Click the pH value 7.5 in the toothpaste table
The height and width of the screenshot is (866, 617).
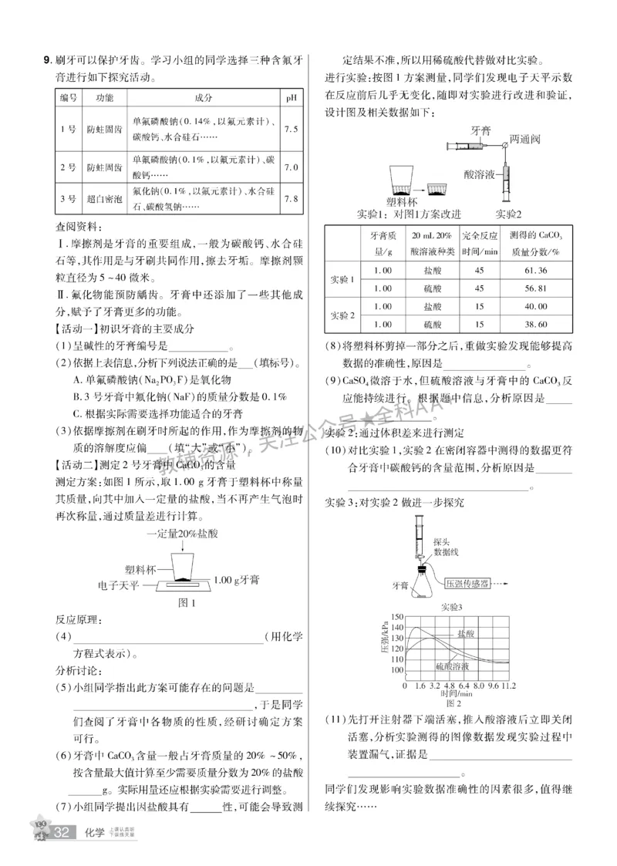[x=291, y=129]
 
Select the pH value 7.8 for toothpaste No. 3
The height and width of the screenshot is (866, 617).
[x=291, y=199]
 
